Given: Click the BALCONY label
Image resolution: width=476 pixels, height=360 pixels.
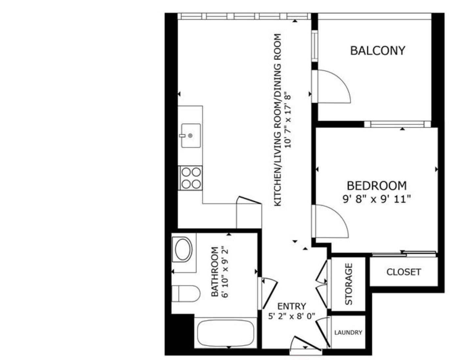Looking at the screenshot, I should coord(377,51).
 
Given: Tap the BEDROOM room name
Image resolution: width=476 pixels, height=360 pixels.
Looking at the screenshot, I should coord(376,186).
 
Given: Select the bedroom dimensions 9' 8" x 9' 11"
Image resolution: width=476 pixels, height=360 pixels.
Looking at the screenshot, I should coord(376,199).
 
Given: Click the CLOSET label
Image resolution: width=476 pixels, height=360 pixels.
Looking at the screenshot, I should coord(403,272).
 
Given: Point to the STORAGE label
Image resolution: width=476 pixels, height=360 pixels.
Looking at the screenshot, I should coord(348,284).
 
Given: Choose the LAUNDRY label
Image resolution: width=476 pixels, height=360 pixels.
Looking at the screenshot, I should coord(348,333).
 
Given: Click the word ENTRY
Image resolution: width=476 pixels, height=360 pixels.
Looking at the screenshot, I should coord(292,306).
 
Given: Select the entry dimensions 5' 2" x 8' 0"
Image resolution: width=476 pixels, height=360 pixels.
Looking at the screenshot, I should coord(292,316).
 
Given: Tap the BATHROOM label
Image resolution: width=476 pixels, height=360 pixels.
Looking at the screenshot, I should coord(215,272).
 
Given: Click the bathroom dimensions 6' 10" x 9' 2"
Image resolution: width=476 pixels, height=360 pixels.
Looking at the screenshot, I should coord(225,272).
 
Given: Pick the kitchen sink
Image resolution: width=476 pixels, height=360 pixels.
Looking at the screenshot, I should coord(191,136).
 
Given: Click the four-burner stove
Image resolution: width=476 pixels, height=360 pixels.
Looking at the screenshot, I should coord(191,178).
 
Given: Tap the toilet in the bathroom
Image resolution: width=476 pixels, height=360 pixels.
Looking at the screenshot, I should coord(186,294).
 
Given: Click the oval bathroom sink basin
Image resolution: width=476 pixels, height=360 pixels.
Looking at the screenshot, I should coord(183,250).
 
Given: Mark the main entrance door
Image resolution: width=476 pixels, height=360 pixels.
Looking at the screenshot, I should coord(306,344).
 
